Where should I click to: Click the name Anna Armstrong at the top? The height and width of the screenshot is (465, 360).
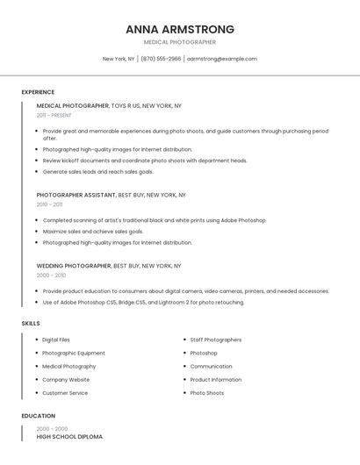click(x=180, y=29)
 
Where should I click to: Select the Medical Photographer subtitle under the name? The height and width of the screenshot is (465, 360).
click(x=180, y=42)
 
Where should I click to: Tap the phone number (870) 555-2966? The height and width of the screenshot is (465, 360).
click(x=161, y=59)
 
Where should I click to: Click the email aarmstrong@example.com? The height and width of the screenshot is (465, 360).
click(x=222, y=59)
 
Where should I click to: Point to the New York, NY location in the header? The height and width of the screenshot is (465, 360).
click(x=119, y=59)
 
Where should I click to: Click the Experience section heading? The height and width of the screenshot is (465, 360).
click(x=38, y=92)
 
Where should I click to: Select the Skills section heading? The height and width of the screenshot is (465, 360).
click(x=31, y=324)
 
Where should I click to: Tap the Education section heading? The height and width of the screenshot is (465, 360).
click(x=39, y=416)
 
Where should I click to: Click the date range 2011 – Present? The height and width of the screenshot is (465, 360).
click(x=54, y=115)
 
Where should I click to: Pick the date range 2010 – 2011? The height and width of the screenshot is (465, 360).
click(x=49, y=204)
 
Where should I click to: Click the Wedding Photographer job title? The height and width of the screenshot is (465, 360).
click(x=74, y=265)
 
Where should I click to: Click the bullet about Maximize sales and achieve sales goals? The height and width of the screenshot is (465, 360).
click(x=93, y=232)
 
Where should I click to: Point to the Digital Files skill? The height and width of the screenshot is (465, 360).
click(x=56, y=340)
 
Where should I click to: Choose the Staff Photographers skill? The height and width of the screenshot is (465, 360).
click(x=216, y=340)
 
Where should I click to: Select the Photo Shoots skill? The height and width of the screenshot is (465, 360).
click(x=207, y=393)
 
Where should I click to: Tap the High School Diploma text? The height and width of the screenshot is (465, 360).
click(x=69, y=436)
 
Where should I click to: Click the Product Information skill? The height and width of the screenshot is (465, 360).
click(x=216, y=380)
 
